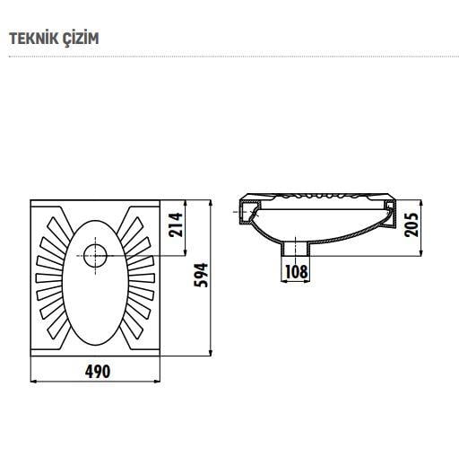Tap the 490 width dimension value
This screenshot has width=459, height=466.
[98, 372]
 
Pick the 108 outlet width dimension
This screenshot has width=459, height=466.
[297, 270]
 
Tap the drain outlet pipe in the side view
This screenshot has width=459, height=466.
[297, 248]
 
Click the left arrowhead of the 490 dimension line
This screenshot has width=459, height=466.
[34, 382]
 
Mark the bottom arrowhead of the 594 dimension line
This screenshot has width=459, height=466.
[212, 352]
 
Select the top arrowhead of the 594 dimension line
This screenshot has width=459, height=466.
[212, 200]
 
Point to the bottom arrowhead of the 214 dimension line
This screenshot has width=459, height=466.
[185, 254]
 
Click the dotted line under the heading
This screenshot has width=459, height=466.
[229, 57]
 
